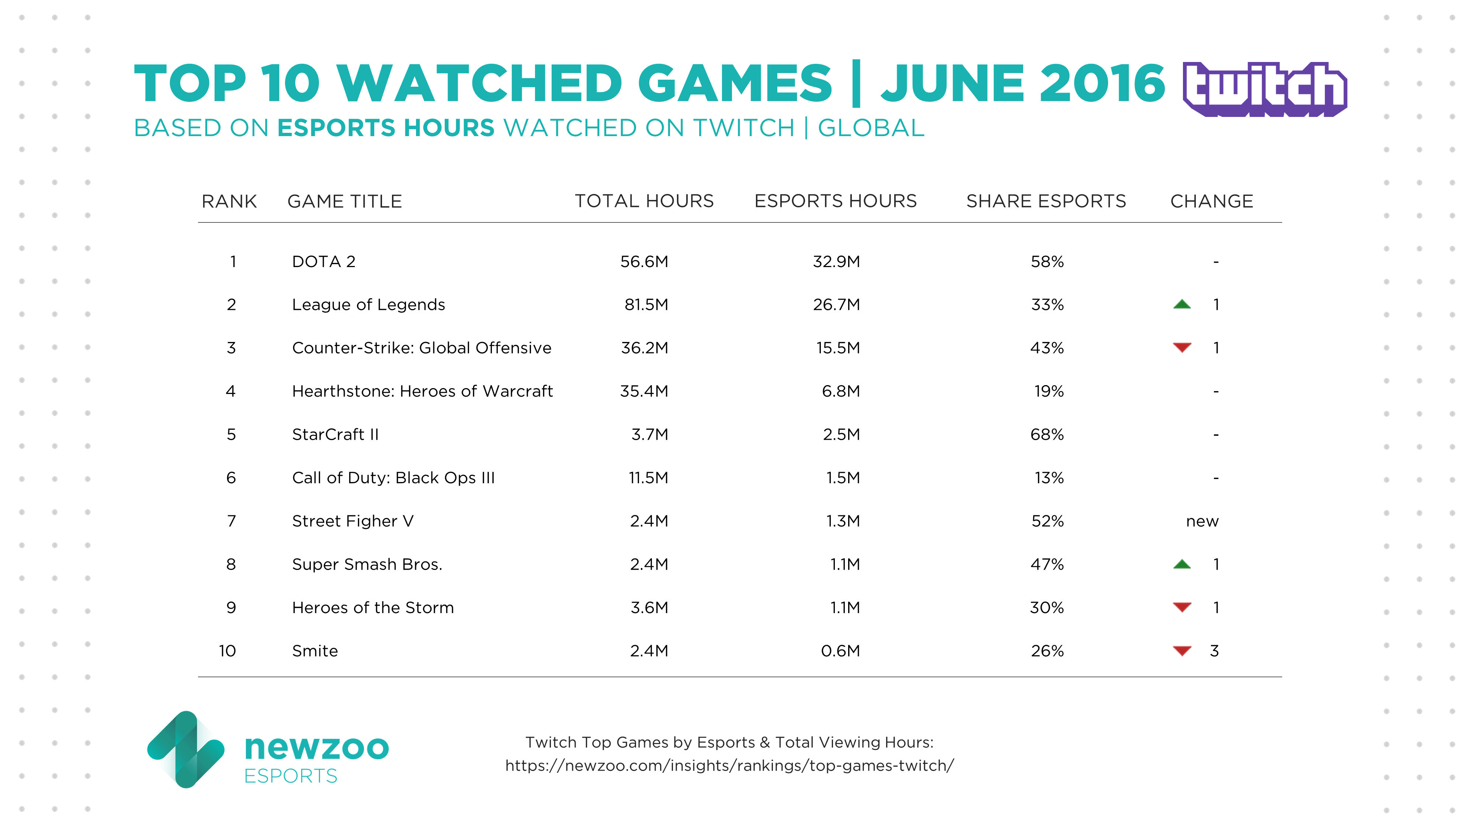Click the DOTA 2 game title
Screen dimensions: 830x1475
point(323,262)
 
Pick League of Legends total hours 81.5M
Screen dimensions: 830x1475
point(646,305)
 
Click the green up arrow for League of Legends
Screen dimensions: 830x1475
point(1182,304)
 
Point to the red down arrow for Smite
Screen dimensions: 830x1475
point(1182,651)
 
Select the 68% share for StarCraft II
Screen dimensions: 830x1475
point(1047,435)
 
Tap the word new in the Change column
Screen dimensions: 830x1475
point(1202,521)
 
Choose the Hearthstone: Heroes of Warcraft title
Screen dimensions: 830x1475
point(422,391)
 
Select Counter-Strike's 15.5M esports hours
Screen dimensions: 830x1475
point(838,348)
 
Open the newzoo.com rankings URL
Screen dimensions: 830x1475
point(729,766)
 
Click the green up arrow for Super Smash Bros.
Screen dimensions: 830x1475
point(1182,564)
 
